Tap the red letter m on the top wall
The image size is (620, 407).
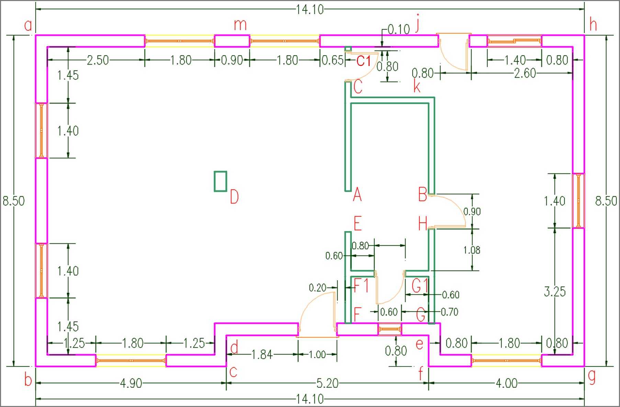point(240,25)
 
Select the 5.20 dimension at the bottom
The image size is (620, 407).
point(327,383)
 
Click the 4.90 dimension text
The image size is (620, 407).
point(131,383)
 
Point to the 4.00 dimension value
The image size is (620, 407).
point(507,383)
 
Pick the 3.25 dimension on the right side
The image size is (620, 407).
point(555,291)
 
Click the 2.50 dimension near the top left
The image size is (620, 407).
point(98,60)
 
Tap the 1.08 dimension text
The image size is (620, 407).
point(472,250)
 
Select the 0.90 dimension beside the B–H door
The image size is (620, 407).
point(472,211)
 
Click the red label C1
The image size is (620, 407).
point(364,61)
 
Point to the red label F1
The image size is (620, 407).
point(361,285)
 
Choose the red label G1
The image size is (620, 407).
point(420,285)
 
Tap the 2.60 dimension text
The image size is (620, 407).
point(525,73)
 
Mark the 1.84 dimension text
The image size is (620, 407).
point(262,354)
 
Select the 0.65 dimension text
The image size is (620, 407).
point(332,60)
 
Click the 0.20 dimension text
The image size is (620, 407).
point(317,288)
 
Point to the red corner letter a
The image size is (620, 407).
point(28,25)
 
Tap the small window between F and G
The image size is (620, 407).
point(390,329)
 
